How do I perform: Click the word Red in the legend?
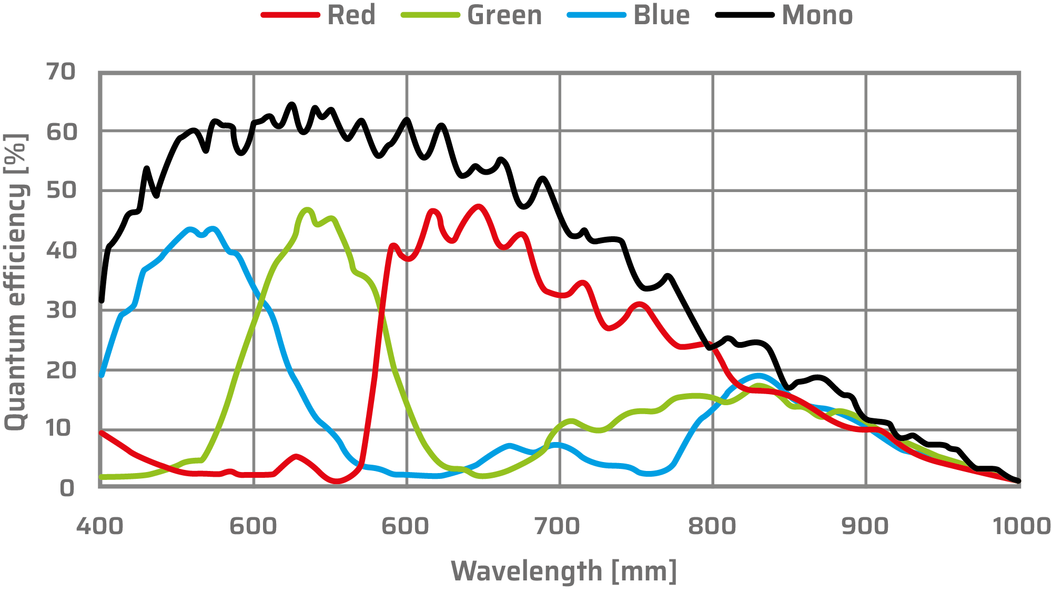tap(351, 15)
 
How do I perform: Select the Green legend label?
tap(504, 15)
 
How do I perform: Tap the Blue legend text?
tap(661, 15)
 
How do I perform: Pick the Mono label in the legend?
tap(817, 15)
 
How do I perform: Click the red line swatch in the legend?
tap(290, 15)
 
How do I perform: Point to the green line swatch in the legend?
tap(430, 15)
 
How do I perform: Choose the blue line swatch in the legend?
tap(596, 15)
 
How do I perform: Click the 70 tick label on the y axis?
tap(61, 72)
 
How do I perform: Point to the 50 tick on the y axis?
tap(61, 190)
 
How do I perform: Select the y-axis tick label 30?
tap(61, 310)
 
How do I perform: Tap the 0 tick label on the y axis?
tap(67, 488)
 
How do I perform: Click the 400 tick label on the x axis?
tap(100, 526)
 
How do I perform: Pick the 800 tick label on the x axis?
tap(712, 526)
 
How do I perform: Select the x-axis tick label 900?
tap(865, 526)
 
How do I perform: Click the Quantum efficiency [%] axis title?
tap(16, 282)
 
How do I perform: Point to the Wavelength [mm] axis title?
tap(563, 571)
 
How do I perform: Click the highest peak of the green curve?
tap(307, 209)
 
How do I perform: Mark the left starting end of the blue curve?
tap(102, 375)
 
